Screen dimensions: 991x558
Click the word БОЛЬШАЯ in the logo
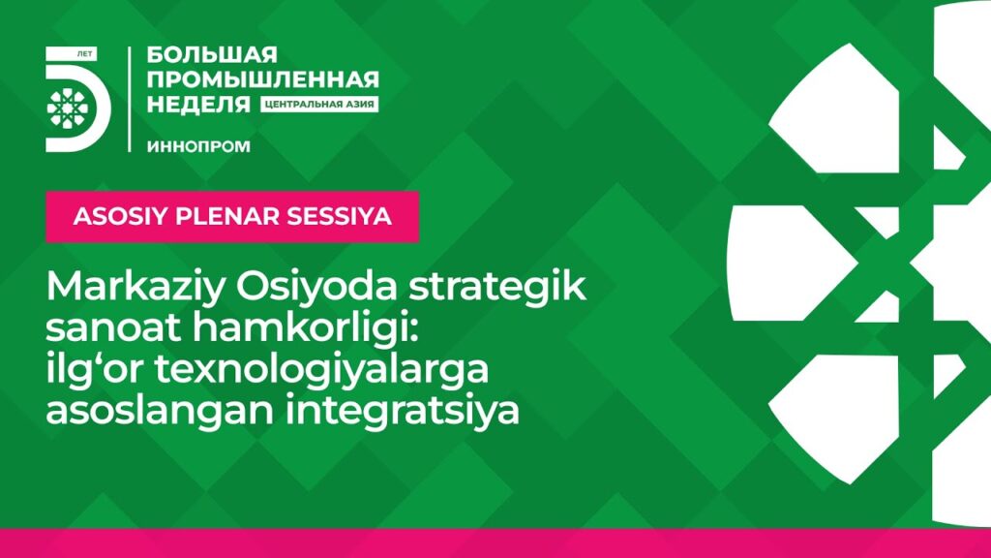coord(212,55)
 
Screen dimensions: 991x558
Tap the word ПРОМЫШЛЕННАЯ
coord(263,79)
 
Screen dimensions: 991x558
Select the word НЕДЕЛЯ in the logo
coord(198,104)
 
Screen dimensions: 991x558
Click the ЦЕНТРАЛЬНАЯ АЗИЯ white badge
coord(319,105)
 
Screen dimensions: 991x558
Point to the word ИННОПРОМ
coord(198,146)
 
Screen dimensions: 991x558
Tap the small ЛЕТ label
coord(84,54)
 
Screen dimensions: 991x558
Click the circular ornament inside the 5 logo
coord(68,108)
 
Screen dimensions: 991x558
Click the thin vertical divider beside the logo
coord(130,100)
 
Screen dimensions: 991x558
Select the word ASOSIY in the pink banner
coord(120,216)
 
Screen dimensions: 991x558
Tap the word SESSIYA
coord(340,216)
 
